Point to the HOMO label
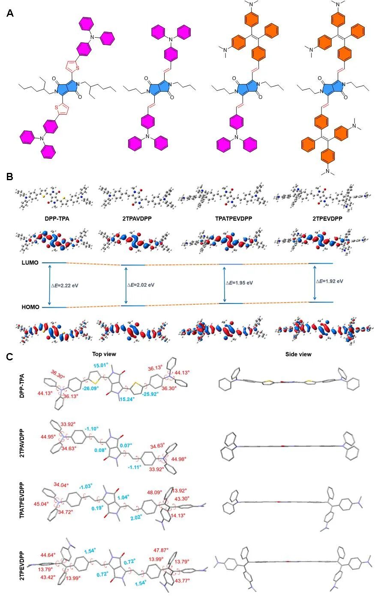point(30,307)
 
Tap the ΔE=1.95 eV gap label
point(239,283)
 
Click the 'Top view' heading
point(104,354)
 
